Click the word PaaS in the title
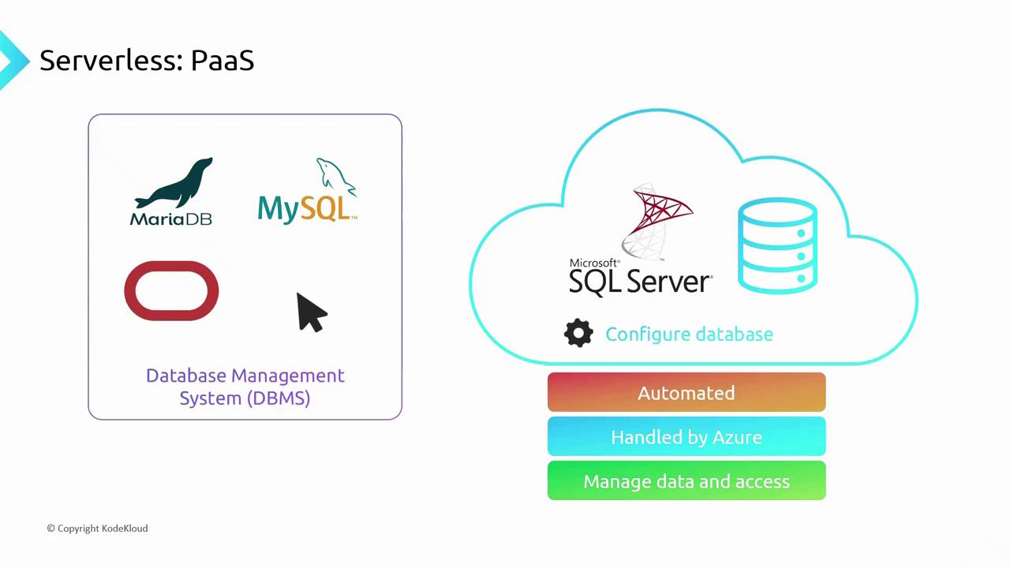pos(223,61)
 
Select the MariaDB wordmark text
pos(170,218)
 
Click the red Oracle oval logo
pos(171,291)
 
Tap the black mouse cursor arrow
pos(310,312)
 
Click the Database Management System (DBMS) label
pos(245,387)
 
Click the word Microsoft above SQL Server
pos(594,263)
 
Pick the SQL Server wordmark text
pos(639,282)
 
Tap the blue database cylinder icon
pos(777,245)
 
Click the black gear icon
pos(578,334)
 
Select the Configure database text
pos(689,334)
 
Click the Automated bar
pos(686,393)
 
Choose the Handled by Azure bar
pos(686,437)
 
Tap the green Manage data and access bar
pos(686,481)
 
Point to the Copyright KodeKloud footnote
pos(97,529)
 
